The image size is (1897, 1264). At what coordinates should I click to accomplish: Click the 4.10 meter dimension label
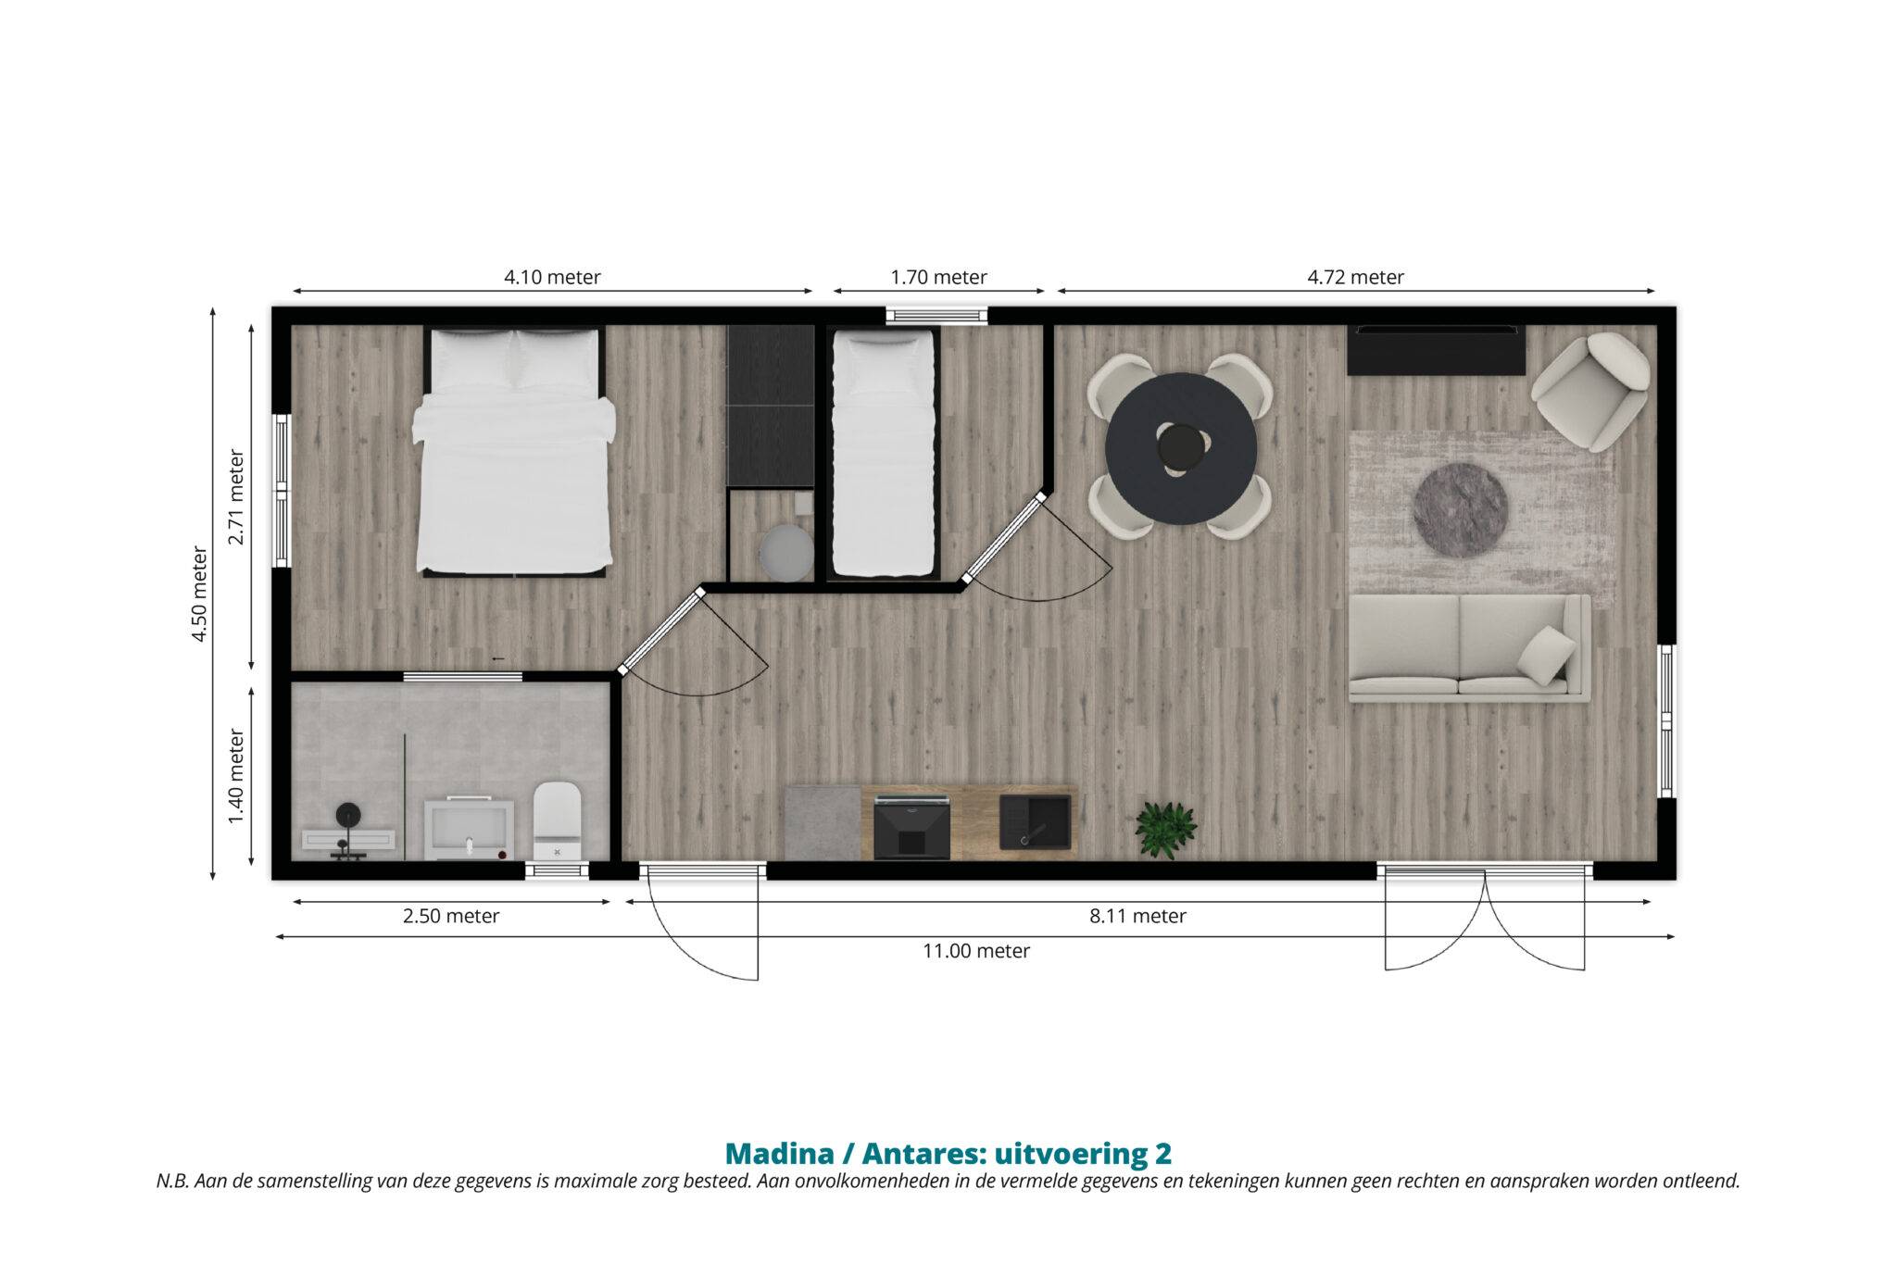(552, 277)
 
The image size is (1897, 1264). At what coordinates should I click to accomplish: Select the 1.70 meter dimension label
(938, 277)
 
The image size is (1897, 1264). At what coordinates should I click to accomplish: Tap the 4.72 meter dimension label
(1355, 277)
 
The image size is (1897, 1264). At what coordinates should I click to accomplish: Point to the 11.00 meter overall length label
(976, 951)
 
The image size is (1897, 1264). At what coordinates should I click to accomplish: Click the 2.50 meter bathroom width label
(451, 916)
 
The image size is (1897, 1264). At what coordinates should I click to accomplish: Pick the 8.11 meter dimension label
(1137, 916)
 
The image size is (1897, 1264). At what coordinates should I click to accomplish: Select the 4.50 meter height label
(199, 594)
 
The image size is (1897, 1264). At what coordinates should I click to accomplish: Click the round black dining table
(1181, 448)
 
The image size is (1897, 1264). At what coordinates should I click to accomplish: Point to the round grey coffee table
(1460, 510)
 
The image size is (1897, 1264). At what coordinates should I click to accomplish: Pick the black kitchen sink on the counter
(1036, 821)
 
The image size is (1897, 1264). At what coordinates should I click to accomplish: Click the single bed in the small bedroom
(883, 454)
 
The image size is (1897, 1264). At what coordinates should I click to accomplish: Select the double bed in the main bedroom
(514, 451)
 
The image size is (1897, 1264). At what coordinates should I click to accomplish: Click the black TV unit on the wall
(1436, 350)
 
